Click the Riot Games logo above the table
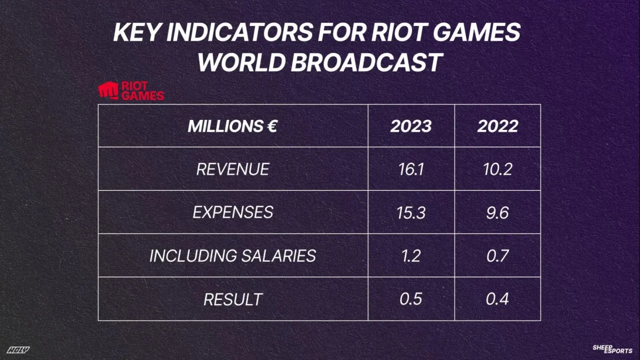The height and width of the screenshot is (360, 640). pyautogui.click(x=131, y=91)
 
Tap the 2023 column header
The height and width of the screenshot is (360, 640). pyautogui.click(x=411, y=126)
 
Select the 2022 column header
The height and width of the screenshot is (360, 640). pyautogui.click(x=497, y=126)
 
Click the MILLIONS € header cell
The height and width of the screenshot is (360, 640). pyautogui.click(x=232, y=126)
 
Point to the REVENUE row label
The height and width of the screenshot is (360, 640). pyautogui.click(x=232, y=169)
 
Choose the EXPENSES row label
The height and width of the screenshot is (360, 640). pyautogui.click(x=232, y=212)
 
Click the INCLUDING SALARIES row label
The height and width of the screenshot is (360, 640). pyautogui.click(x=232, y=256)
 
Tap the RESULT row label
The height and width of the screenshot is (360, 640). pyautogui.click(x=232, y=299)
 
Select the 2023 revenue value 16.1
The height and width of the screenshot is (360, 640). pyautogui.click(x=411, y=169)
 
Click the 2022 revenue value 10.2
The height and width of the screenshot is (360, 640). pyautogui.click(x=497, y=169)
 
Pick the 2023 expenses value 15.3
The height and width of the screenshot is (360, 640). pyautogui.click(x=411, y=212)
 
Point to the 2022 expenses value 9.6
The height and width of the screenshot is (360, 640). pyautogui.click(x=497, y=212)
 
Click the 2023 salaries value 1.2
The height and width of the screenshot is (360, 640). pyautogui.click(x=411, y=256)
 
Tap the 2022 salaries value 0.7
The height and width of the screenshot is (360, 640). pyautogui.click(x=497, y=256)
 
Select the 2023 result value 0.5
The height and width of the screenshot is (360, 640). pyautogui.click(x=411, y=299)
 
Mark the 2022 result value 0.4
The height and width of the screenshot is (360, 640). pyautogui.click(x=497, y=299)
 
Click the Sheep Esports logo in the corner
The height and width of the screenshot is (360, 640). pyautogui.click(x=612, y=349)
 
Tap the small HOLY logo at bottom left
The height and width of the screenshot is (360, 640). pyautogui.click(x=18, y=350)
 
